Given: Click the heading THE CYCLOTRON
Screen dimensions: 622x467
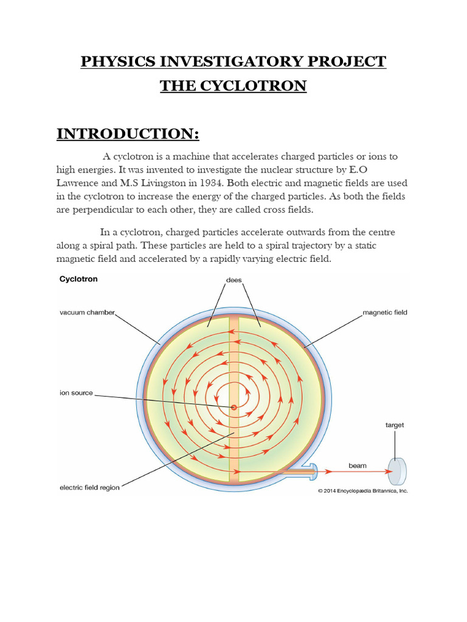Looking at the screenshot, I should [x=233, y=86].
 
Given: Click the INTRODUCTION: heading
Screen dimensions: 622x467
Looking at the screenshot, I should [x=128, y=133].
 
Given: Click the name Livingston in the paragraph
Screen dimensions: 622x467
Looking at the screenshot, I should [x=163, y=183].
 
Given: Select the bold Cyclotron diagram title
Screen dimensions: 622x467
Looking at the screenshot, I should [x=78, y=280].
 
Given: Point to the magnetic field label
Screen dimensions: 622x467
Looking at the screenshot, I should [x=385, y=312].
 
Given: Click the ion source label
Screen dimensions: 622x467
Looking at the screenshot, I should [x=77, y=393].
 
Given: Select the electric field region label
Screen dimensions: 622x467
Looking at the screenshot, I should [x=89, y=487].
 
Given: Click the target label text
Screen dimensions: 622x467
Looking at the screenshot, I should [x=395, y=425].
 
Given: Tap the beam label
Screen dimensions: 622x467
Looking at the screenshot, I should [x=357, y=465].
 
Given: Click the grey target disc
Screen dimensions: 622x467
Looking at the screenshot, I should [x=398, y=470].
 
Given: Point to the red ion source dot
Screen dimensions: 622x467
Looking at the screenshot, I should [x=233, y=408].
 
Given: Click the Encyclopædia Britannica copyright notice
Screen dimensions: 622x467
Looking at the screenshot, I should [x=362, y=490].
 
